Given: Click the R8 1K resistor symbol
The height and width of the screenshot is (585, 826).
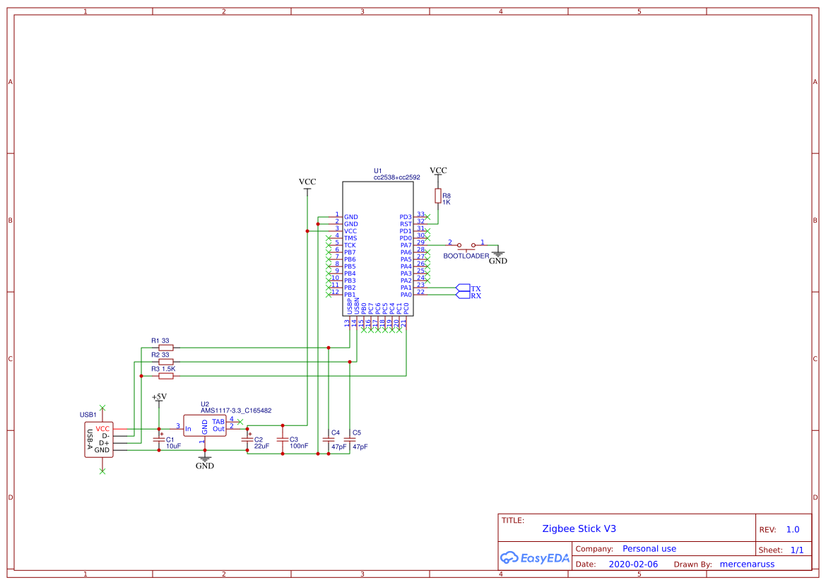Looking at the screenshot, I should [437, 196].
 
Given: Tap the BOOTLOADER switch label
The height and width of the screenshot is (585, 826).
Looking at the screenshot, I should [466, 256].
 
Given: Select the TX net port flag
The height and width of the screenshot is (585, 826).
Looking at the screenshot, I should [464, 288].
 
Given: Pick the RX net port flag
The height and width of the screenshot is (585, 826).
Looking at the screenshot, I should [464, 295].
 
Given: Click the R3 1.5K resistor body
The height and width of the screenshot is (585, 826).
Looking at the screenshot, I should [166, 376].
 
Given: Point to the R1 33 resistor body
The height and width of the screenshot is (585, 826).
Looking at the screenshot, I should [166, 348].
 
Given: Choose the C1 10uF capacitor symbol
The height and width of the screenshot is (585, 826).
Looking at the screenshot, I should [158, 440].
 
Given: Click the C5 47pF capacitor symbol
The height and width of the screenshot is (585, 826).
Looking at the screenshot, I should [350, 440].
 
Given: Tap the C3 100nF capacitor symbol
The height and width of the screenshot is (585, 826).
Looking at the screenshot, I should [283, 440].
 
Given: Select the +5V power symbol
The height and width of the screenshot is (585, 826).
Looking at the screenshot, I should [158, 398].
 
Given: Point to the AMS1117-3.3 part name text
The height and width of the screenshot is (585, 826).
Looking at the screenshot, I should [236, 410].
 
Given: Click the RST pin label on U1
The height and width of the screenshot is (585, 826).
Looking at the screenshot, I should [406, 224].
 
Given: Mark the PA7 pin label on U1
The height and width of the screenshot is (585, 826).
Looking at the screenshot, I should [406, 245].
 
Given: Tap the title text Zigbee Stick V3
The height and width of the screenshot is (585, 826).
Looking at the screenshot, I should [579, 528].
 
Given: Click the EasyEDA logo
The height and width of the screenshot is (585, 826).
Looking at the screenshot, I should [534, 558].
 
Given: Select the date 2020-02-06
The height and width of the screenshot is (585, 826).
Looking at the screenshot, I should [633, 565].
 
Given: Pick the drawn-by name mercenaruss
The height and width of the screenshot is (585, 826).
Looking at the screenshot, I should [748, 565].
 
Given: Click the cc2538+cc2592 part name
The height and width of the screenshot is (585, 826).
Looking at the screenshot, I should [396, 178].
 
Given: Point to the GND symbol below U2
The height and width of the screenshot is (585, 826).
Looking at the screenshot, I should [204, 463].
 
